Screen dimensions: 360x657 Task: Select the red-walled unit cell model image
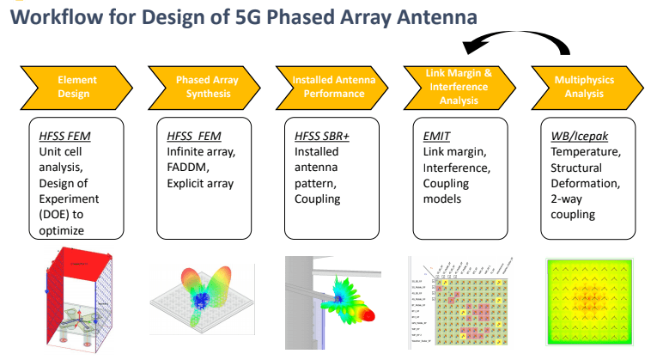click(x=79, y=302)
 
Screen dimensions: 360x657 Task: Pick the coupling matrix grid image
click(x=459, y=305)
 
